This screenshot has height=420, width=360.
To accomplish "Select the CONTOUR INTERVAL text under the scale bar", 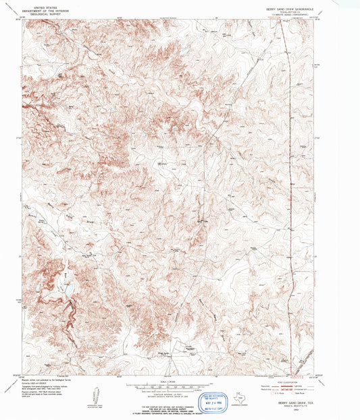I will coord(173,392).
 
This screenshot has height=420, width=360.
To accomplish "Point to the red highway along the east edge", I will coord(292,169).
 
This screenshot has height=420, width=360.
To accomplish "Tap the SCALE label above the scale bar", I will coord(173,381).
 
